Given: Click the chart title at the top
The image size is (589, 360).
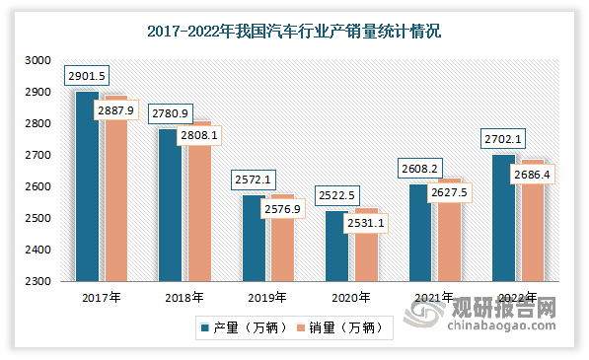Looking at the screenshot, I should pos(294,32).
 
